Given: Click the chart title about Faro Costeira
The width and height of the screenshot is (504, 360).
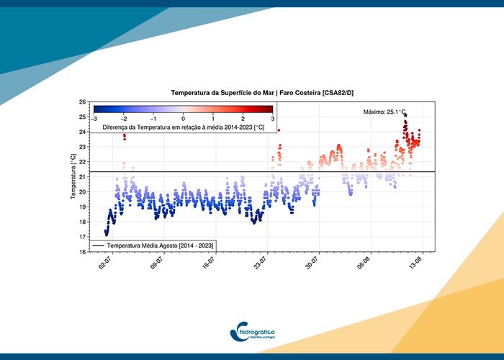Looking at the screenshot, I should pos(262,93).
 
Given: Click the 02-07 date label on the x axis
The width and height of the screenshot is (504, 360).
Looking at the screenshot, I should pos(104,267).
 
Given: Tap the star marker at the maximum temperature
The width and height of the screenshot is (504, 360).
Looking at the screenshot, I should pos(405,115).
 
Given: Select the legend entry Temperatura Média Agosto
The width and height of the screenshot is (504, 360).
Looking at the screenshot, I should pos(154,246).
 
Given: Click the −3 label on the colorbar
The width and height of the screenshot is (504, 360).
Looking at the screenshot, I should pos(94,118).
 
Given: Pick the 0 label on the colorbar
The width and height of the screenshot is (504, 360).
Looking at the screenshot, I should pos(183,118).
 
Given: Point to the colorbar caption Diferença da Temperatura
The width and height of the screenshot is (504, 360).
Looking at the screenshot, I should pos(183,127).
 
